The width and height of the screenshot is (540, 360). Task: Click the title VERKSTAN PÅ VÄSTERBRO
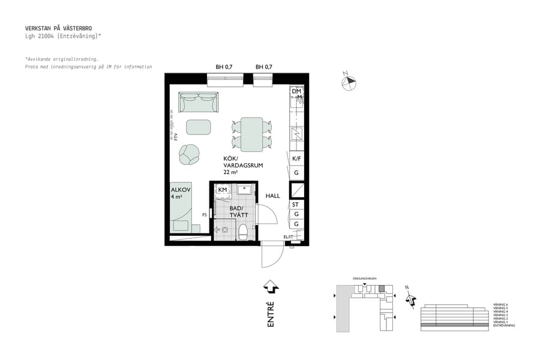click(x=58, y=28)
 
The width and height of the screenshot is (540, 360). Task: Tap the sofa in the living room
click(x=199, y=103)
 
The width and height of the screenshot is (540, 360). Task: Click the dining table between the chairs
click(x=252, y=134)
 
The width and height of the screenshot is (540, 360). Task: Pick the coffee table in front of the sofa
click(x=199, y=127)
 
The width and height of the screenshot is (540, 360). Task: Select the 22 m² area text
click(x=230, y=172)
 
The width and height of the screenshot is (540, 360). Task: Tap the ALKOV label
click(x=181, y=190)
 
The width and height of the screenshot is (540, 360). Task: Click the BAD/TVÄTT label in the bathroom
click(x=239, y=212)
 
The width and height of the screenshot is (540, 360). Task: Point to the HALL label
click(x=273, y=196)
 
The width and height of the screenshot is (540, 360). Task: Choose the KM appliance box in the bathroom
click(x=223, y=190)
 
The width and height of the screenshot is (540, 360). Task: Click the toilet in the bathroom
click(x=243, y=232)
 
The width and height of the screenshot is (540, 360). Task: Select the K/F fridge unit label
click(x=296, y=159)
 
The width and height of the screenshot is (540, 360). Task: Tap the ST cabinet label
click(x=295, y=205)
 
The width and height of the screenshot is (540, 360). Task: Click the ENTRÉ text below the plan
click(x=271, y=314)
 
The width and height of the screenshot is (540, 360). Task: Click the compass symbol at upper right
click(x=349, y=83)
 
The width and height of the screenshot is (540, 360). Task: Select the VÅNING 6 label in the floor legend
click(x=500, y=305)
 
